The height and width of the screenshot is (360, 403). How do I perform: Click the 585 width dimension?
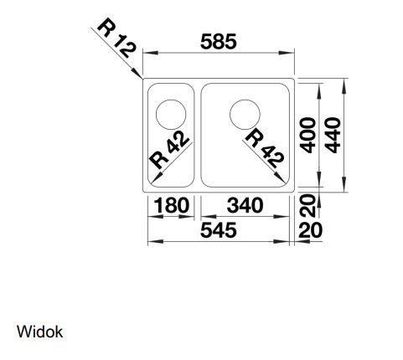219,42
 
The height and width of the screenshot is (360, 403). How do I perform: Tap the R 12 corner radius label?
117,38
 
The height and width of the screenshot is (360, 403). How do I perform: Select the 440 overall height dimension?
333,136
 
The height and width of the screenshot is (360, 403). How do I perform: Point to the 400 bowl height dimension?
308,136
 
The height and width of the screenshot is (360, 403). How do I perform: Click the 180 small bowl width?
171,205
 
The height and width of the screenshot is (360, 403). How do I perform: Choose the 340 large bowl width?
245,205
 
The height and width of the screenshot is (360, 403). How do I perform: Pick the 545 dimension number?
219,230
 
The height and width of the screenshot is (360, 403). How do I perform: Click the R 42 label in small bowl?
169,150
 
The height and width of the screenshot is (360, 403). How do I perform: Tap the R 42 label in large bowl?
265,149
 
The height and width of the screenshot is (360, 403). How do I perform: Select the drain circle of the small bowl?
171,100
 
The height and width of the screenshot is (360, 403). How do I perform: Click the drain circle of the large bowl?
245,100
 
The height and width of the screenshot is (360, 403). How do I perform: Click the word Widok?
39,332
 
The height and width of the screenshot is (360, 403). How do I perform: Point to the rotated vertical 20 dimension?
307,206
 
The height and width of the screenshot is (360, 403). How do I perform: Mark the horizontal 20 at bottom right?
311,230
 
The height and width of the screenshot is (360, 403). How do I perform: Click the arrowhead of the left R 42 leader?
154,178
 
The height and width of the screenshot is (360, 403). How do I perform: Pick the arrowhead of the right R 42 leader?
280,177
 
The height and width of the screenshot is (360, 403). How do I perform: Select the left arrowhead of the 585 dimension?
151,53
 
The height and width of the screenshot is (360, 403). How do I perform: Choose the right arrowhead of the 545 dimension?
282,241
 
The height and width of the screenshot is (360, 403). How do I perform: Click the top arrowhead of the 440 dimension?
344,86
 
